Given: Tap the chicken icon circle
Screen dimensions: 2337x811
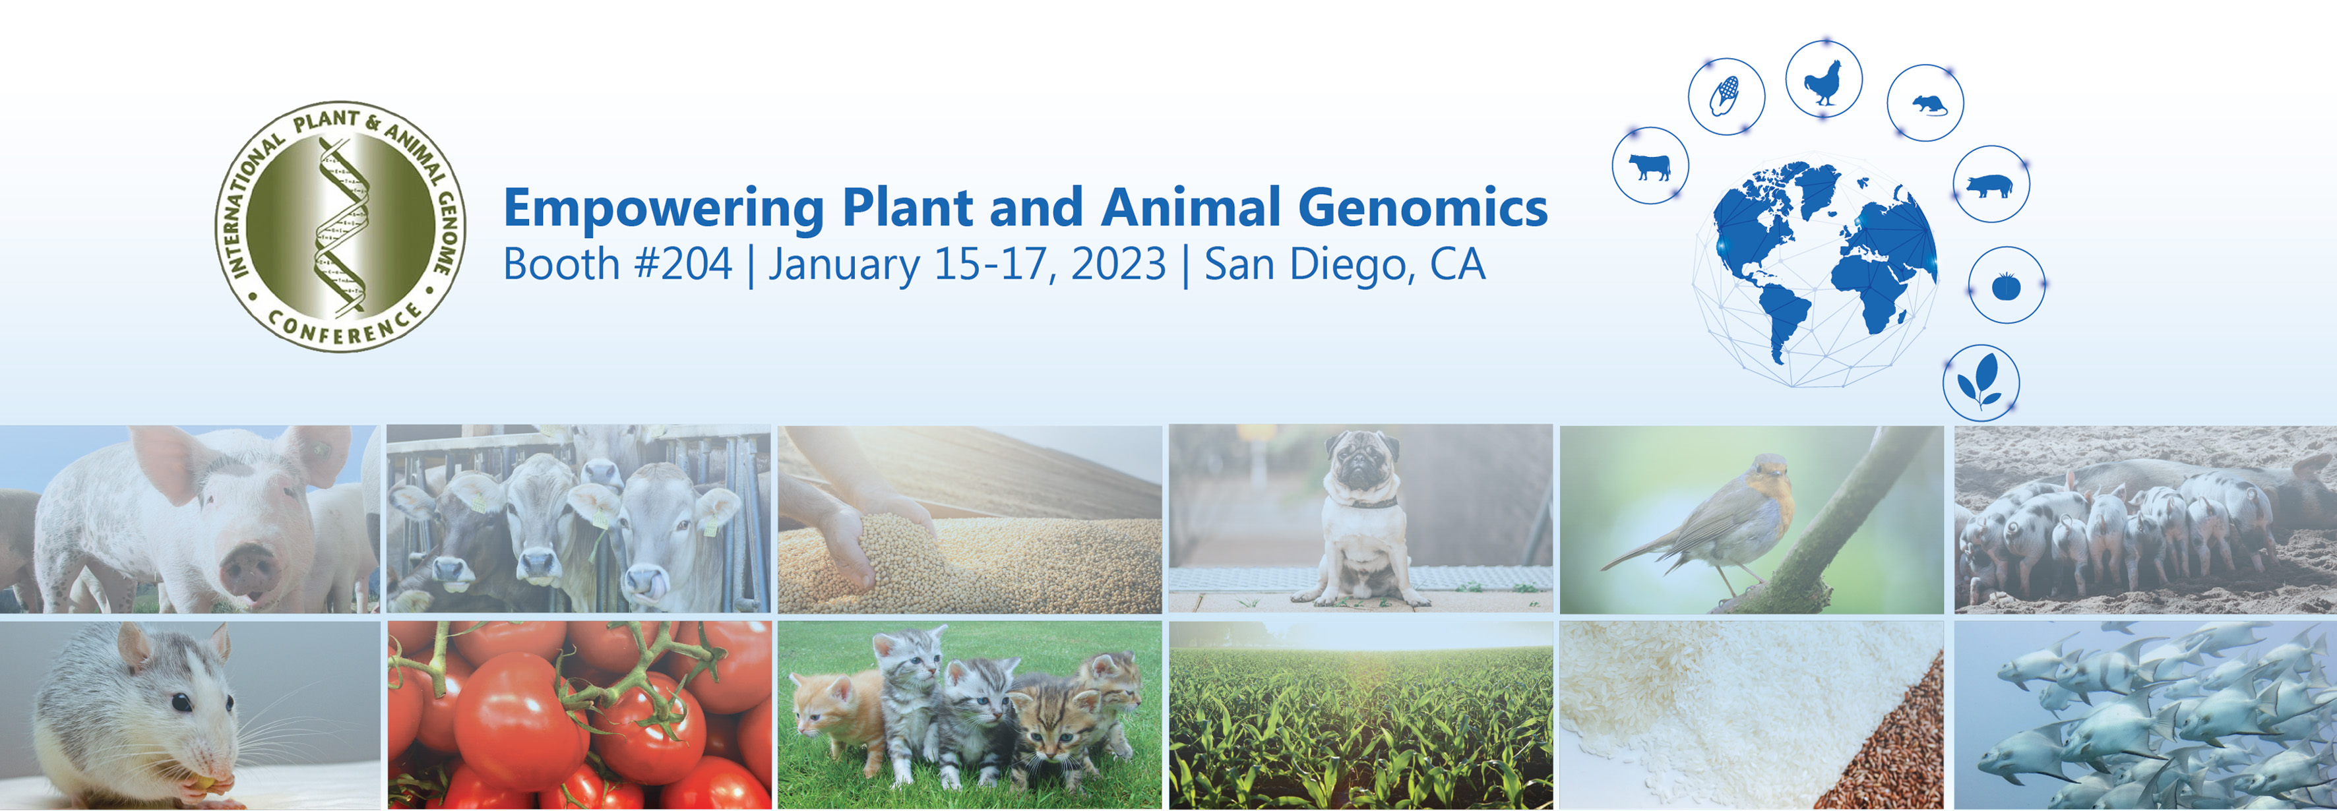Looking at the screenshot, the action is pyautogui.click(x=1824, y=79).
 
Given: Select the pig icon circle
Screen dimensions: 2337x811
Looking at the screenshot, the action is pyautogui.click(x=1991, y=184).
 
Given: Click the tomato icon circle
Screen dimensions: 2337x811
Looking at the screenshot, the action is pyautogui.click(x=2007, y=285).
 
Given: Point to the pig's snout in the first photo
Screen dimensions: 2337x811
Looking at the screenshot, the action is pyautogui.click(x=251, y=566).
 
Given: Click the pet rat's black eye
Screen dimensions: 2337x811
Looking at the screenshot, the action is pyautogui.click(x=181, y=702).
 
